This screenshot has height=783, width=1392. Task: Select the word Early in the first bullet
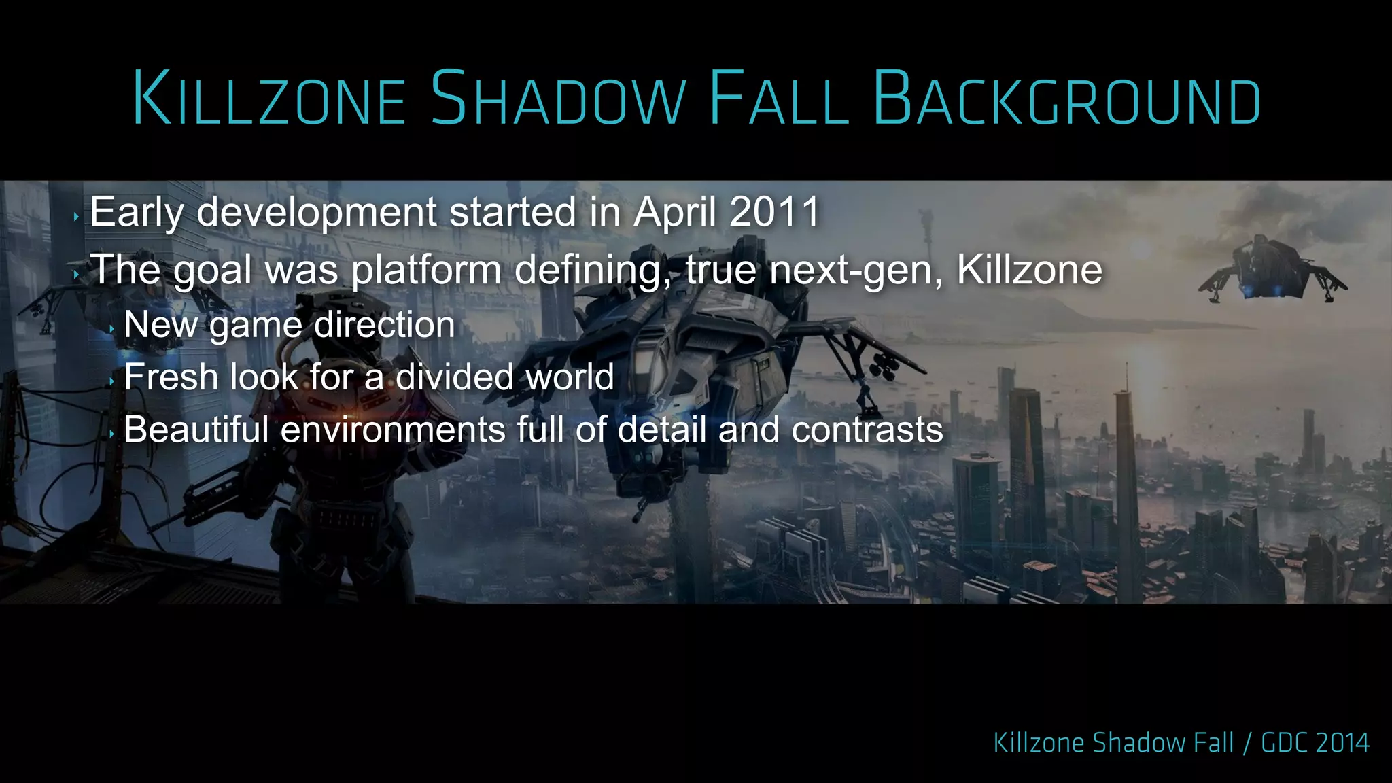137,212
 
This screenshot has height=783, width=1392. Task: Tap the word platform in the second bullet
426,270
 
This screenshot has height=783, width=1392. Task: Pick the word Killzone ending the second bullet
1029,270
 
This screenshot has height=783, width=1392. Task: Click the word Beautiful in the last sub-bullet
196,430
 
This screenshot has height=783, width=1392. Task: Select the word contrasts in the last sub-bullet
867,430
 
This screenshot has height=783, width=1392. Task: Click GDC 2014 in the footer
1315,743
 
